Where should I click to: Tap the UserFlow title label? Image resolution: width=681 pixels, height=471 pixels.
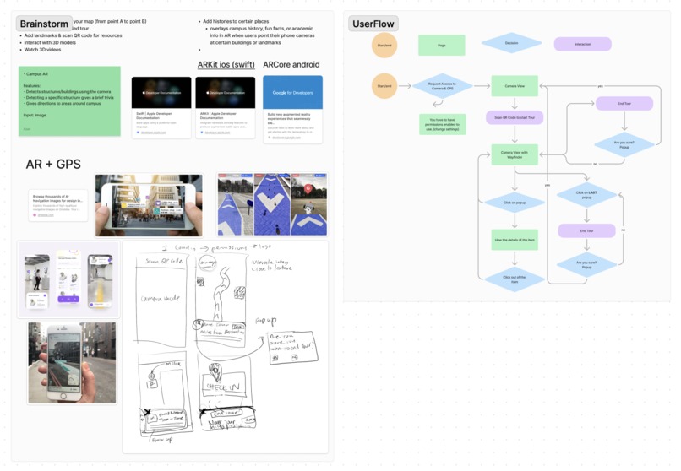click(x=373, y=23)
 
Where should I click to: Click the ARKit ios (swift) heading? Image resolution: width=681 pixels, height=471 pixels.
click(x=226, y=64)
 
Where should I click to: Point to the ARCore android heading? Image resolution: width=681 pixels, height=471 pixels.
click(x=292, y=64)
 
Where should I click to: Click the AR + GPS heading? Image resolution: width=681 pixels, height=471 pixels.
click(x=53, y=164)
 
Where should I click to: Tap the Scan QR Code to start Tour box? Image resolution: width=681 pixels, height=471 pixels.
click(x=515, y=117)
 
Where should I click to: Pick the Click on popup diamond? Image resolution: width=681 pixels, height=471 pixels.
click(x=515, y=203)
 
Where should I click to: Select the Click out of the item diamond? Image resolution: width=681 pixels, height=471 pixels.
click(x=515, y=279)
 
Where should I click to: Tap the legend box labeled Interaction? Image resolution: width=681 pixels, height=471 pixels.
click(x=582, y=43)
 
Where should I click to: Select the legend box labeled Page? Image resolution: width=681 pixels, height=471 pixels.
click(x=442, y=45)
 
